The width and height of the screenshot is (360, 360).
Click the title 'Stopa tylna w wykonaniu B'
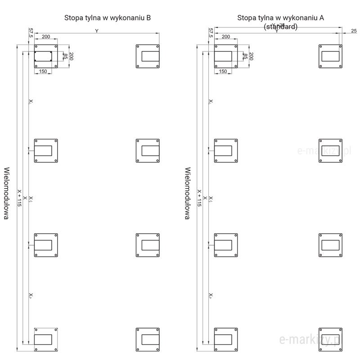107,18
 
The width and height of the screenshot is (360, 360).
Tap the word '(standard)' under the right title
280,27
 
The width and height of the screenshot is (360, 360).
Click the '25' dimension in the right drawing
353,31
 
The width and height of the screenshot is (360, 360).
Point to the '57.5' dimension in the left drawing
31,33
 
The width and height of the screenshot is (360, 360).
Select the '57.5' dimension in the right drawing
211,33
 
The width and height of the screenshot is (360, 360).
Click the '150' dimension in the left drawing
43,72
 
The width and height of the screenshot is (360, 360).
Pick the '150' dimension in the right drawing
223,72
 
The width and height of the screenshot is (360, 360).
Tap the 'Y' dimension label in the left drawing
96,31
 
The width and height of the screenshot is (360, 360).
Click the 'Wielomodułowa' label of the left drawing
7,193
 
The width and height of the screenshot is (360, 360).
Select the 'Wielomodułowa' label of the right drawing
187,193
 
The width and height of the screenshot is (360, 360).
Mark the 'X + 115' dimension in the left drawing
19,198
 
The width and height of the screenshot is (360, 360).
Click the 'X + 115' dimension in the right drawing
199,198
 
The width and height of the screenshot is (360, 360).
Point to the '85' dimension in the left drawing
65,56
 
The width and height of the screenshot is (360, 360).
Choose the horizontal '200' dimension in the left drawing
45,36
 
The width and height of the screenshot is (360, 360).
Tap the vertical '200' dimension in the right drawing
252,56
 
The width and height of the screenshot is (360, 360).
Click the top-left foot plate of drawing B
46,57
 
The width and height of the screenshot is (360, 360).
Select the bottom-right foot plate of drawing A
330,339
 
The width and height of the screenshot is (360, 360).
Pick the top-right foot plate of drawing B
148,57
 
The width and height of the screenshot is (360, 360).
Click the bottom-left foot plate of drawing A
226,339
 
